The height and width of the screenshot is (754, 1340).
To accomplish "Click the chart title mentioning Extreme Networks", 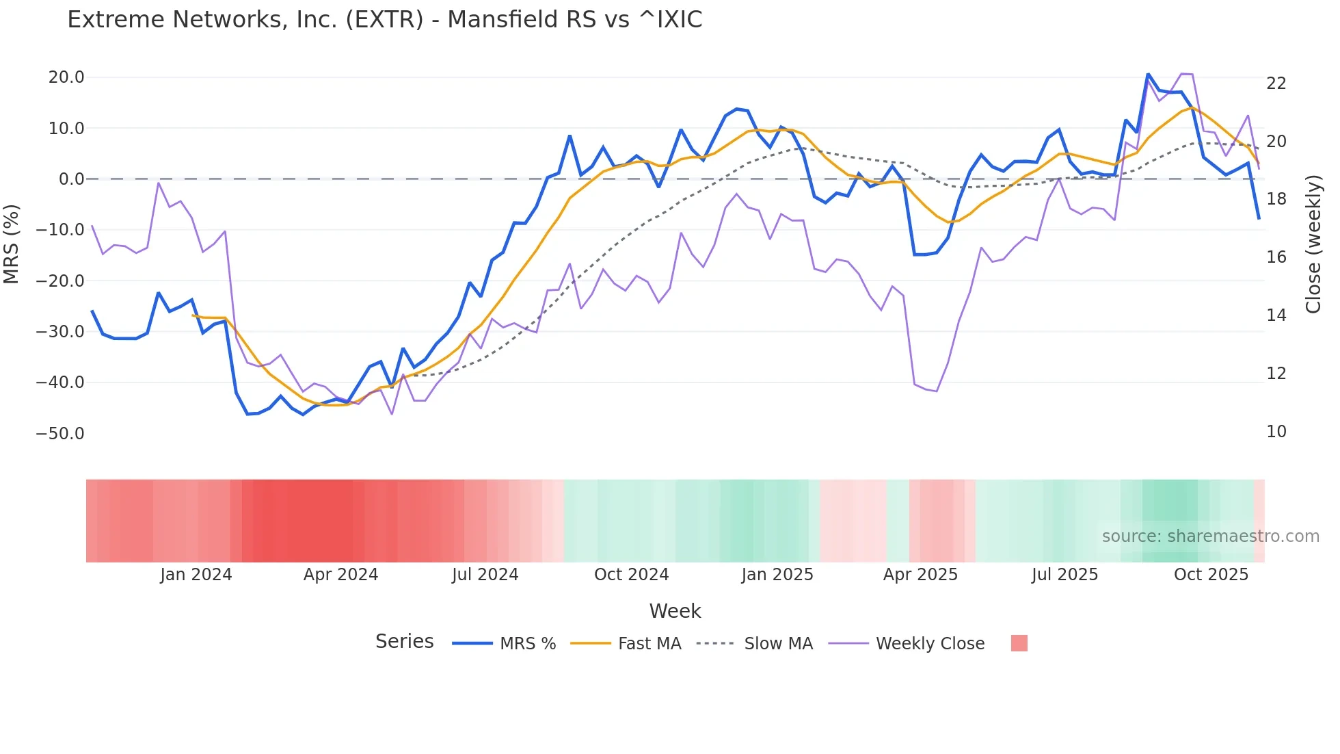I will [x=384, y=20].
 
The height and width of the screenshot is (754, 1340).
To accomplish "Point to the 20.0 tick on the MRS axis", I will [x=66, y=77].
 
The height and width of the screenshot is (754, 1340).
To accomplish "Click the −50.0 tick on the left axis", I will [x=60, y=434].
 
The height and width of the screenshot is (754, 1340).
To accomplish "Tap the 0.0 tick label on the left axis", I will [x=71, y=179].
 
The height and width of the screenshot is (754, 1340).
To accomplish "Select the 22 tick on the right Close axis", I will [x=1276, y=83].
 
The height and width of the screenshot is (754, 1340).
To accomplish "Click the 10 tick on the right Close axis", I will [x=1276, y=432].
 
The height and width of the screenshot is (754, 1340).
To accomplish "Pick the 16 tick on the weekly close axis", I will [x=1276, y=257].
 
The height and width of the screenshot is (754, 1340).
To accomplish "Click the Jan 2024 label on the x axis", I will [x=196, y=575].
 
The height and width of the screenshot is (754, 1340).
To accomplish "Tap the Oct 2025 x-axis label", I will [x=1211, y=575].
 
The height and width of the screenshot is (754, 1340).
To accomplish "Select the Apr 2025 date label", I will [x=920, y=575].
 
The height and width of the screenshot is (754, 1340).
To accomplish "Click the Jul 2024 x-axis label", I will [x=485, y=575].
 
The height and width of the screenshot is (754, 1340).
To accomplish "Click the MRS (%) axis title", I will [x=12, y=244].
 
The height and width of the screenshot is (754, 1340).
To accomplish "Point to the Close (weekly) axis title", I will [x=1313, y=244].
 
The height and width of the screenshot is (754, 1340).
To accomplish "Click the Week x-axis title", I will [x=675, y=611].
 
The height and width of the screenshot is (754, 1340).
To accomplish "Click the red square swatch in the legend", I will [x=1019, y=643].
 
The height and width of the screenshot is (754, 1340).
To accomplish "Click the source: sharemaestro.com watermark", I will [x=1210, y=536].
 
